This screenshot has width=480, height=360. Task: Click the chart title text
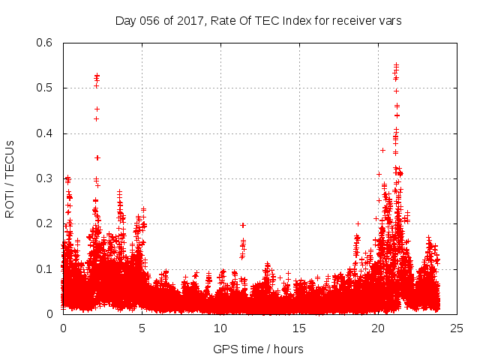[259, 20]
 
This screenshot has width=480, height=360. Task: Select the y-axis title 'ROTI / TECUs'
[10, 178]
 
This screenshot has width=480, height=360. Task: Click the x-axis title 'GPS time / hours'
[259, 349]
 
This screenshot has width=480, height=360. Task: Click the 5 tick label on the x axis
[142, 328]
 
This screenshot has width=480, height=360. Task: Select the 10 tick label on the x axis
[220, 328]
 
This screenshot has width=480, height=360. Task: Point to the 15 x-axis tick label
[299, 328]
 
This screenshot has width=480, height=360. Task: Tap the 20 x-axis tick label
[378, 328]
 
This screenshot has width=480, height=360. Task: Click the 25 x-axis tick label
[457, 328]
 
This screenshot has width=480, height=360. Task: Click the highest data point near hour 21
[396, 65]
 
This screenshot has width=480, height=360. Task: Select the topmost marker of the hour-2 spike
[97, 75]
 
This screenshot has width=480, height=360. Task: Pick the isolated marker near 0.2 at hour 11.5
[243, 225]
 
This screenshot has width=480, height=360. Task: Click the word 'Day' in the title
[124, 20]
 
